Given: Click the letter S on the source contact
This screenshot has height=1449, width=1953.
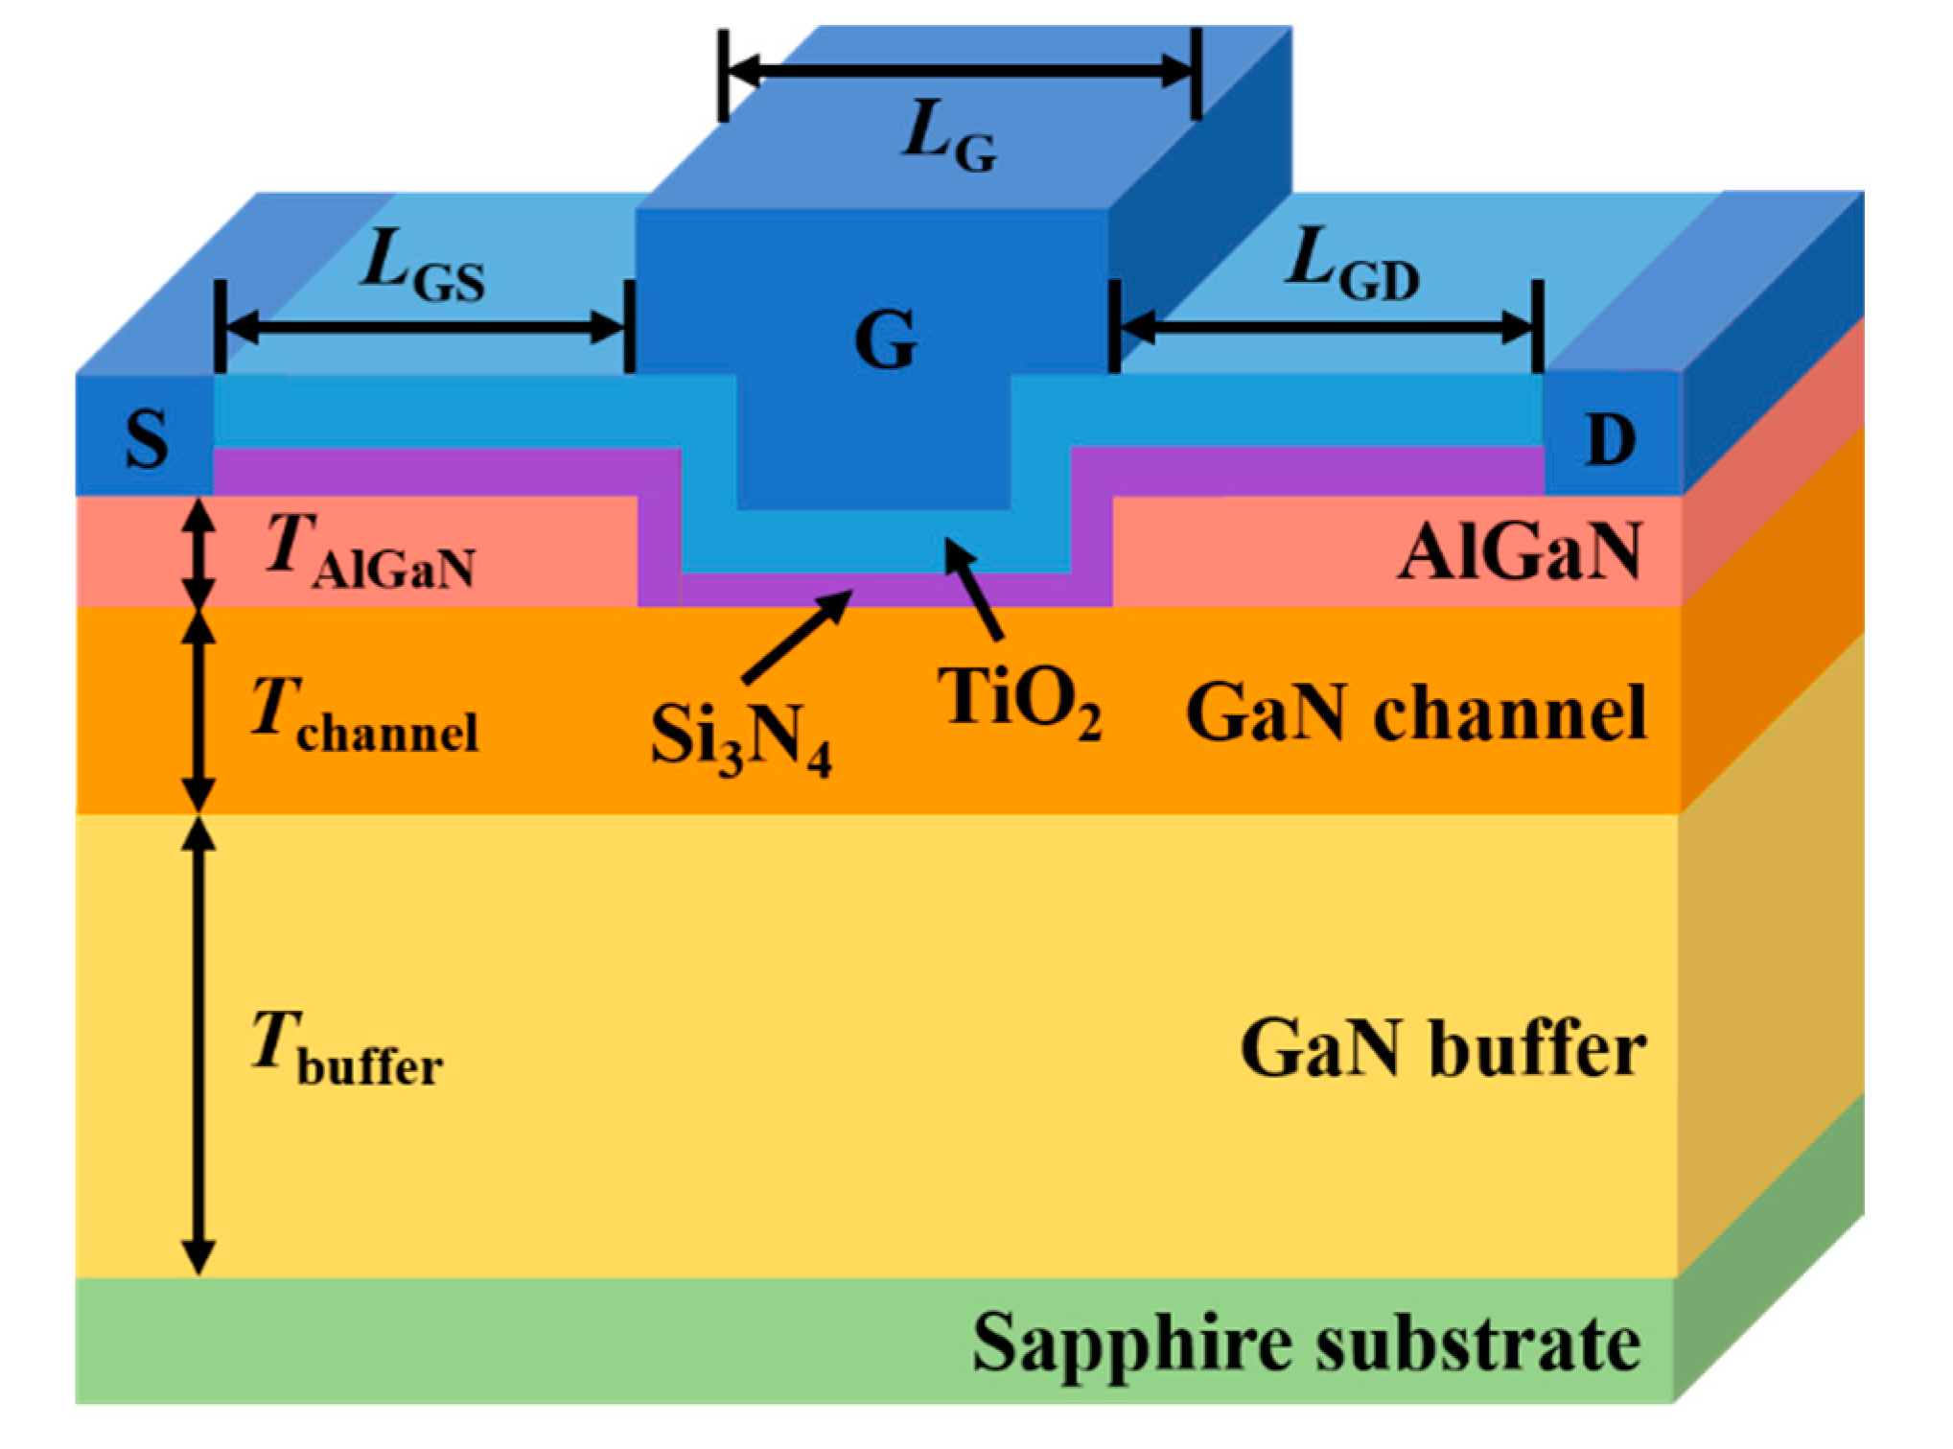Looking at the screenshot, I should (x=147, y=439).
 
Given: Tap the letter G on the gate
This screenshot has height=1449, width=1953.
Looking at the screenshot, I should (x=885, y=340).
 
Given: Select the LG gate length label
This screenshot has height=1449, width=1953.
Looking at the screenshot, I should (x=949, y=139).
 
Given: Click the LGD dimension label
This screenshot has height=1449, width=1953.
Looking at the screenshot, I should (x=1352, y=265).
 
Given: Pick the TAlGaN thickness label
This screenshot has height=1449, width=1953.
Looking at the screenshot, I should (x=370, y=551).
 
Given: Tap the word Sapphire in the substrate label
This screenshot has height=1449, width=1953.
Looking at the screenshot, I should (x=1131, y=1343).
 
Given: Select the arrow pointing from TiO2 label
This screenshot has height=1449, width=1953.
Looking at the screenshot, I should (x=974, y=589).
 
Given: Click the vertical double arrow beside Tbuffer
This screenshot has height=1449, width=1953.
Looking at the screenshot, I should (x=198, y=1045).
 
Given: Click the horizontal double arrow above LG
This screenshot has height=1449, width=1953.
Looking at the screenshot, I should (x=960, y=70).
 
